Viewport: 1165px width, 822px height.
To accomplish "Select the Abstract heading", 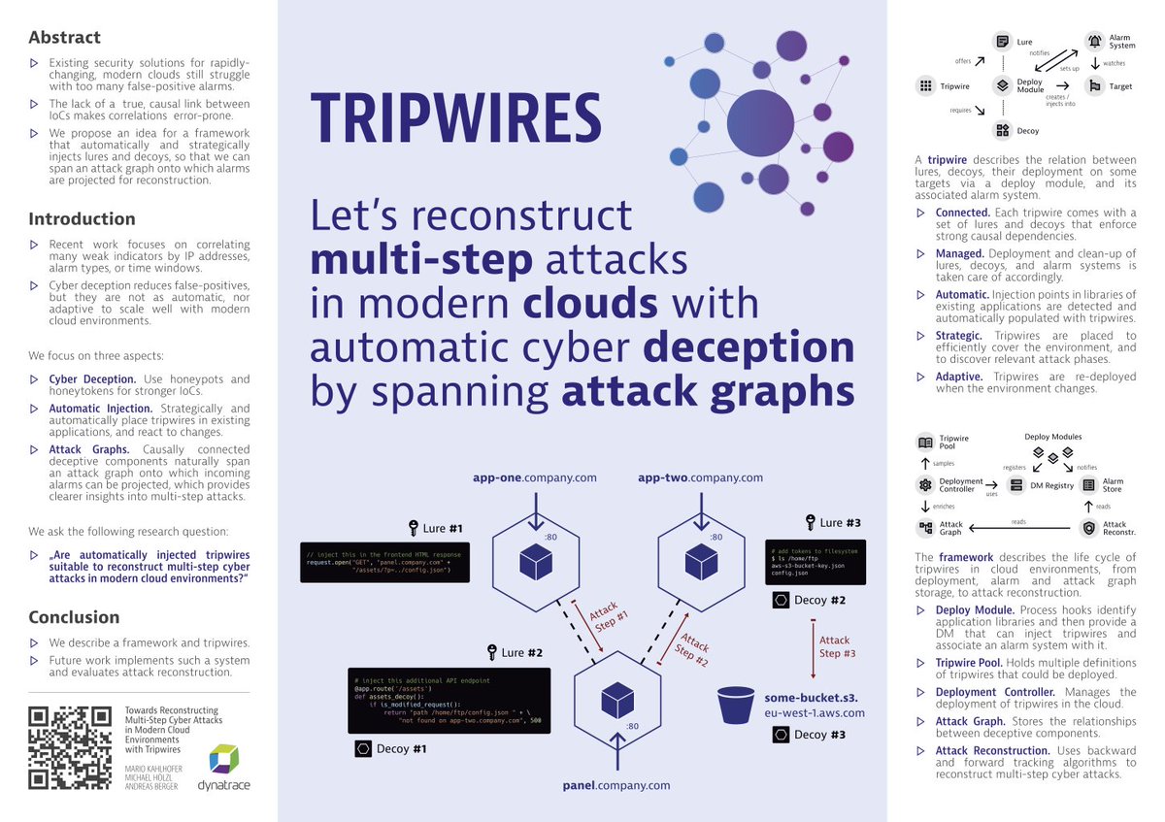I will click(x=64, y=38).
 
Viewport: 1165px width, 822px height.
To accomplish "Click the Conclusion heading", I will click(x=74, y=617).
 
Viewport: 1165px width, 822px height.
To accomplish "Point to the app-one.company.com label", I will click(x=534, y=477).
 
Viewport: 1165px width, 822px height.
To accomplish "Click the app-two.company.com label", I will click(x=700, y=477).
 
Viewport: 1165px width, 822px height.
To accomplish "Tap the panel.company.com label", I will click(x=616, y=784).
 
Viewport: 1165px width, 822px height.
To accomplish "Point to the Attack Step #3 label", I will click(x=836, y=646).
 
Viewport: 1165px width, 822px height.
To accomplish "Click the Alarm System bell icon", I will click(x=1094, y=41).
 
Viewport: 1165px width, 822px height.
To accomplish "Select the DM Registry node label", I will click(x=1051, y=485).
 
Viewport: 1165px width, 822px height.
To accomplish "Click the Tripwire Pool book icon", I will click(x=925, y=443).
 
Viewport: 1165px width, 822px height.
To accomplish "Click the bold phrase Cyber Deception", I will click(x=93, y=379).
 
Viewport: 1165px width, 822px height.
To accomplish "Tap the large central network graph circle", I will click(x=760, y=123).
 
